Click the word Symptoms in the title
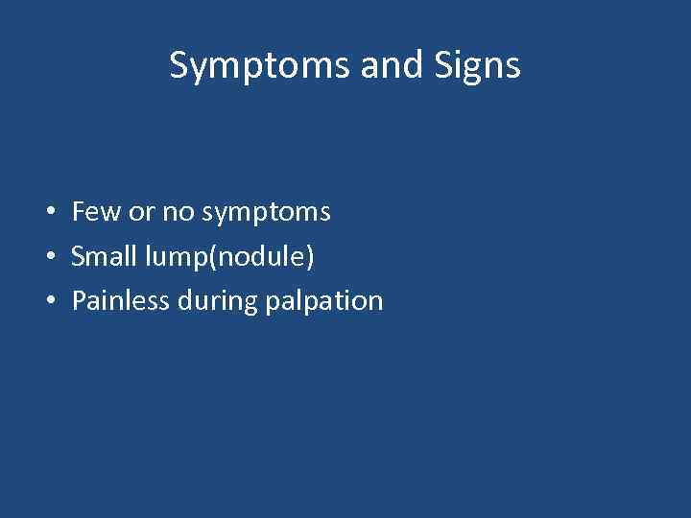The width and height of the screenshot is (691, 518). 261,66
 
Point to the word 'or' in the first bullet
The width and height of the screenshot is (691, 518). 141,212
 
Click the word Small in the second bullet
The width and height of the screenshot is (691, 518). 104,256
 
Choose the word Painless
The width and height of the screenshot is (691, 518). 121,301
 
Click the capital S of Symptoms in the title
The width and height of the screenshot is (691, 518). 179,65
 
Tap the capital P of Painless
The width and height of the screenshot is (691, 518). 79,301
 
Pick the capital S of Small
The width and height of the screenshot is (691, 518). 79,256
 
